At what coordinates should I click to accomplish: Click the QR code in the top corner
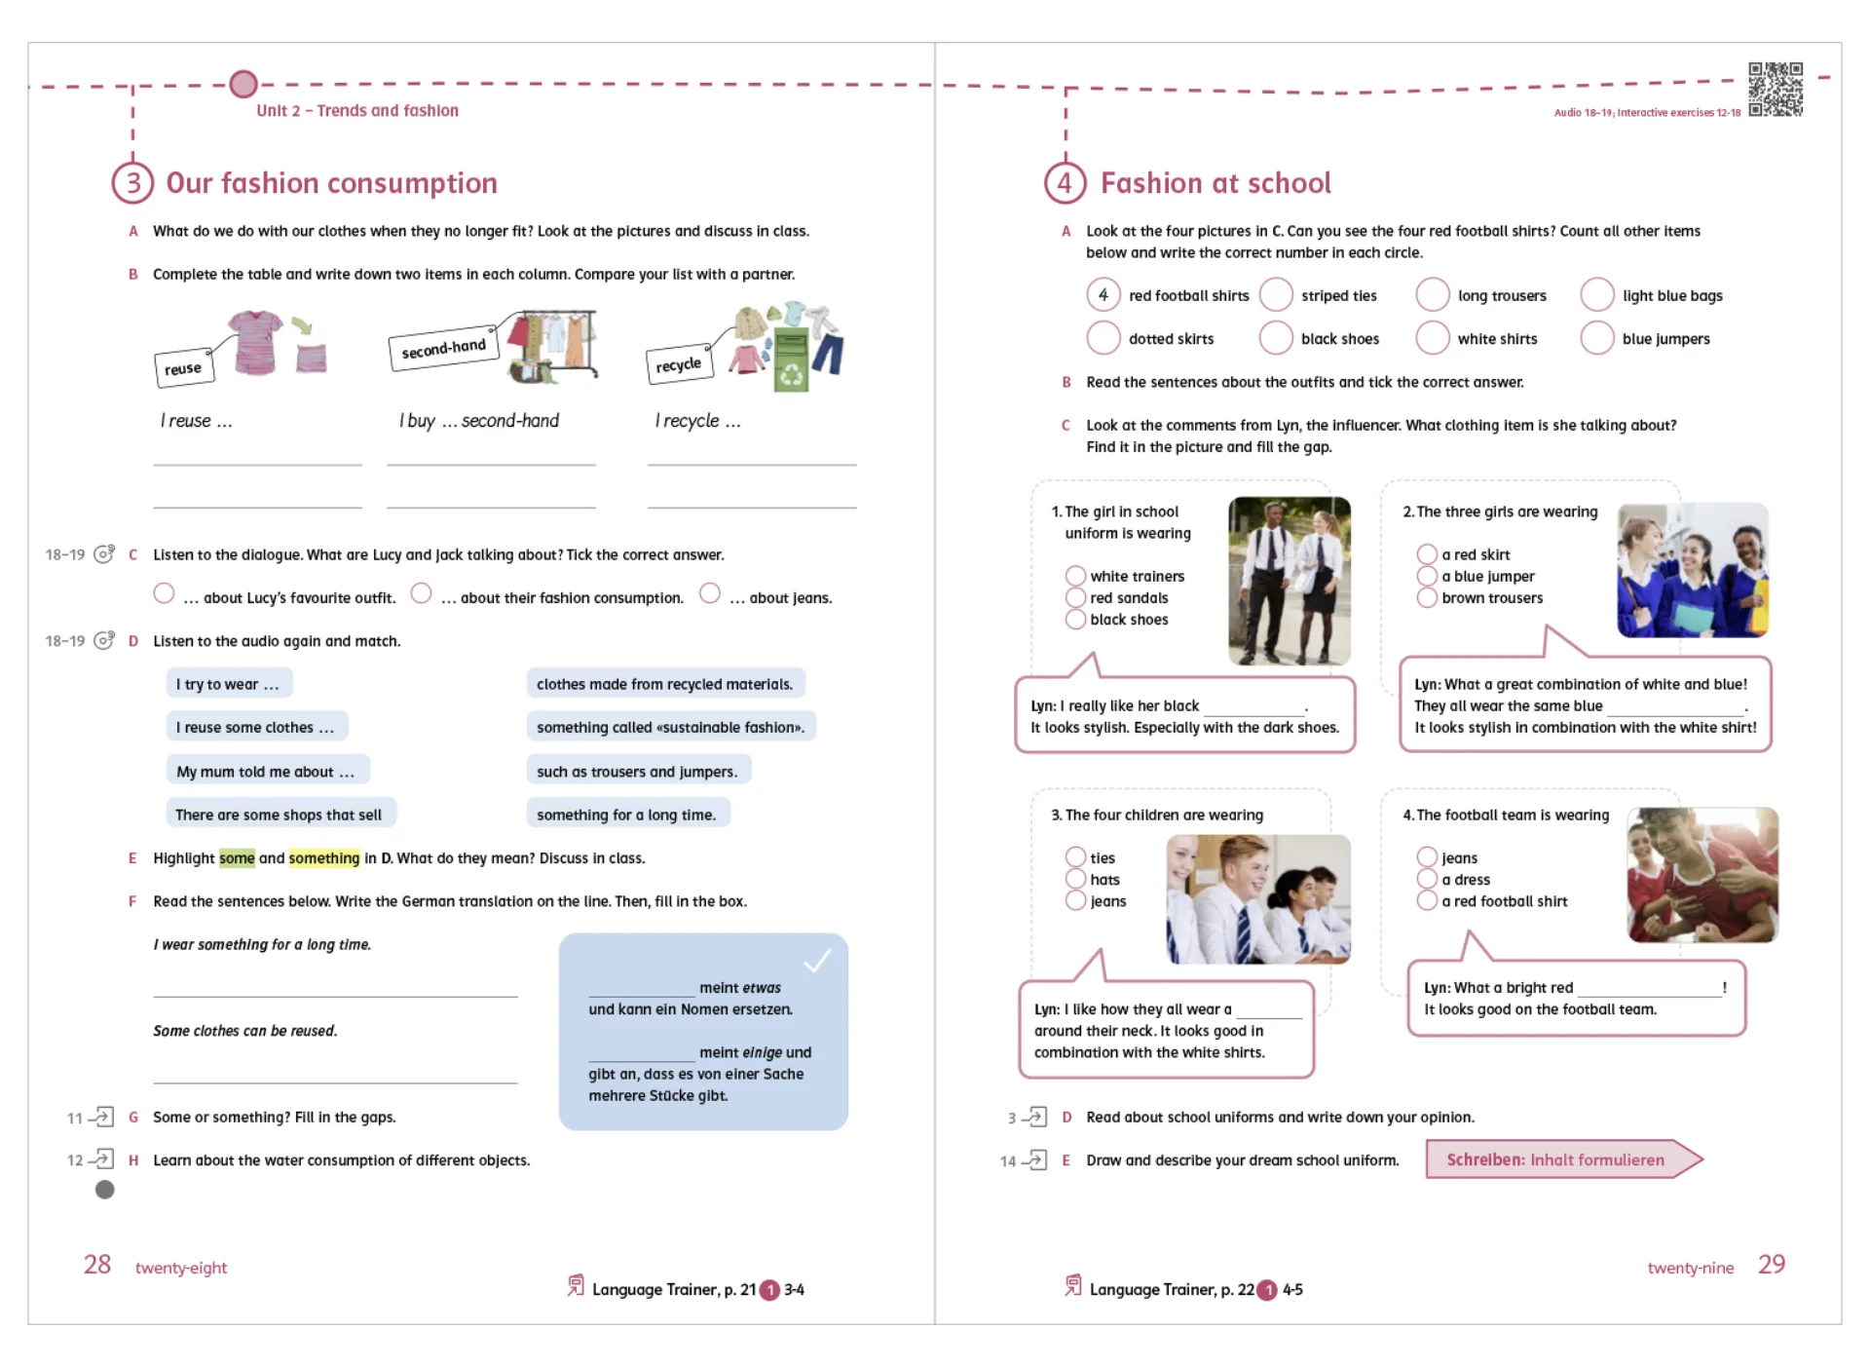tap(1775, 90)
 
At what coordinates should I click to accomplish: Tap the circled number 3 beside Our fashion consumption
tap(132, 183)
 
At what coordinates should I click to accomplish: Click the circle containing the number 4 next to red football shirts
tap(1103, 294)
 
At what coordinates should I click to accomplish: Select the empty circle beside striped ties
tap(1275, 294)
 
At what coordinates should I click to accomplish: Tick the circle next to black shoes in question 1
tap(1075, 620)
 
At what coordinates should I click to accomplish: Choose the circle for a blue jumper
tap(1427, 576)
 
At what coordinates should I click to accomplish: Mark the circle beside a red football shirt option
tap(1427, 901)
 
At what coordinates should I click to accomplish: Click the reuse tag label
tap(183, 368)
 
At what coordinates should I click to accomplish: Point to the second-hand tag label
tap(443, 348)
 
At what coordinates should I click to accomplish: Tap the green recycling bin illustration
tap(791, 361)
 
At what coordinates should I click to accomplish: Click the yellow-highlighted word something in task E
tap(324, 858)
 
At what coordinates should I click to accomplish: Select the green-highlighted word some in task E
tap(237, 858)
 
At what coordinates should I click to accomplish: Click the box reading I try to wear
tap(228, 684)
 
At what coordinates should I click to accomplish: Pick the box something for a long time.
tap(626, 815)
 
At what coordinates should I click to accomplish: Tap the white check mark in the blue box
tap(817, 961)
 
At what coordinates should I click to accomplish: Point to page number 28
tap(97, 1265)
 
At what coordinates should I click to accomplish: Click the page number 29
tap(1771, 1265)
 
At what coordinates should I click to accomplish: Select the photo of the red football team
tap(1702, 874)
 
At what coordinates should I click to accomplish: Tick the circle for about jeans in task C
tap(710, 593)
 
